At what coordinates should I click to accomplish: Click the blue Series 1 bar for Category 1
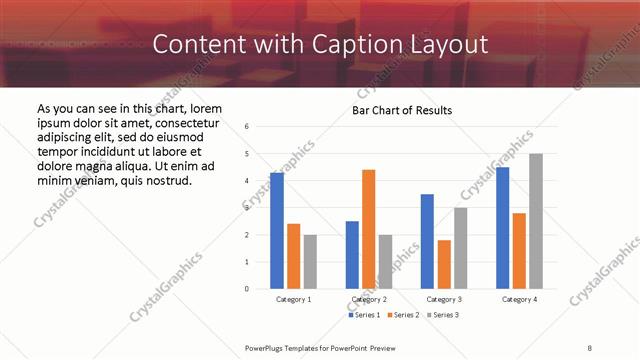277,231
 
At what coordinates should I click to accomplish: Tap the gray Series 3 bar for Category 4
536,221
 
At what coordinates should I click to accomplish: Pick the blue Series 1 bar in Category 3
427,241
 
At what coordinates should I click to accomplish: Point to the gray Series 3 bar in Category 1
310,262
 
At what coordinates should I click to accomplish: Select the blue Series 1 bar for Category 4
502,228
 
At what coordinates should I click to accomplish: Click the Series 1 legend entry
365,315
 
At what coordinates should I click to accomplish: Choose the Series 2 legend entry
403,315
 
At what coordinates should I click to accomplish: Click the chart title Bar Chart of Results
402,110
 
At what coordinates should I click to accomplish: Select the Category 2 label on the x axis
369,300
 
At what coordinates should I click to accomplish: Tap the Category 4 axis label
519,300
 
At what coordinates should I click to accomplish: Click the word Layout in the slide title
450,44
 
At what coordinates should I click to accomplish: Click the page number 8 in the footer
590,347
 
